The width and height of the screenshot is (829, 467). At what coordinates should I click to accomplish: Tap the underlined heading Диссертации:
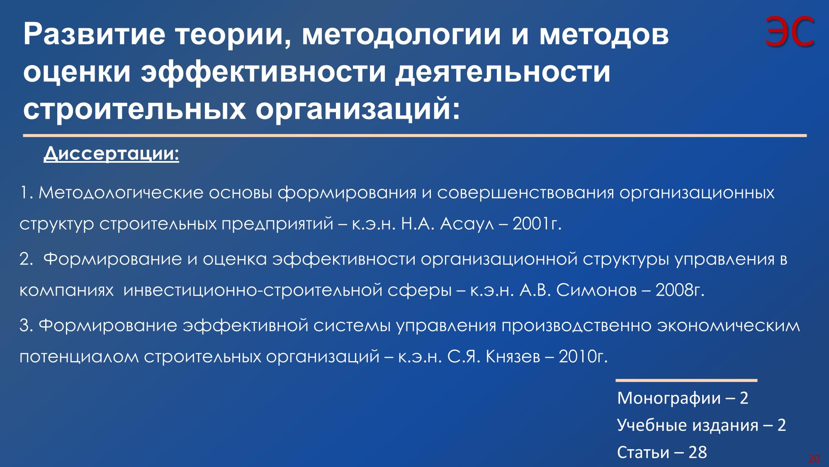(x=111, y=154)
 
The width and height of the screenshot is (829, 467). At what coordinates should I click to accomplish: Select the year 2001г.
(x=537, y=225)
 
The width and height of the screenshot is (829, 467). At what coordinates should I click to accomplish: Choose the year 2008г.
(x=680, y=291)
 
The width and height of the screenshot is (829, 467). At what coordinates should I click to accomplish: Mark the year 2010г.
(x=583, y=357)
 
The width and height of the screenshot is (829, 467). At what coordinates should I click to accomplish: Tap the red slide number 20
(x=814, y=459)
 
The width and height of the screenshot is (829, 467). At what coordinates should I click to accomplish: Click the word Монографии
(x=669, y=399)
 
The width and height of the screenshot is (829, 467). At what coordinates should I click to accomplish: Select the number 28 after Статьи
(x=698, y=452)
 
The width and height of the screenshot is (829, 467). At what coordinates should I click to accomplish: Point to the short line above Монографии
(x=686, y=380)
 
